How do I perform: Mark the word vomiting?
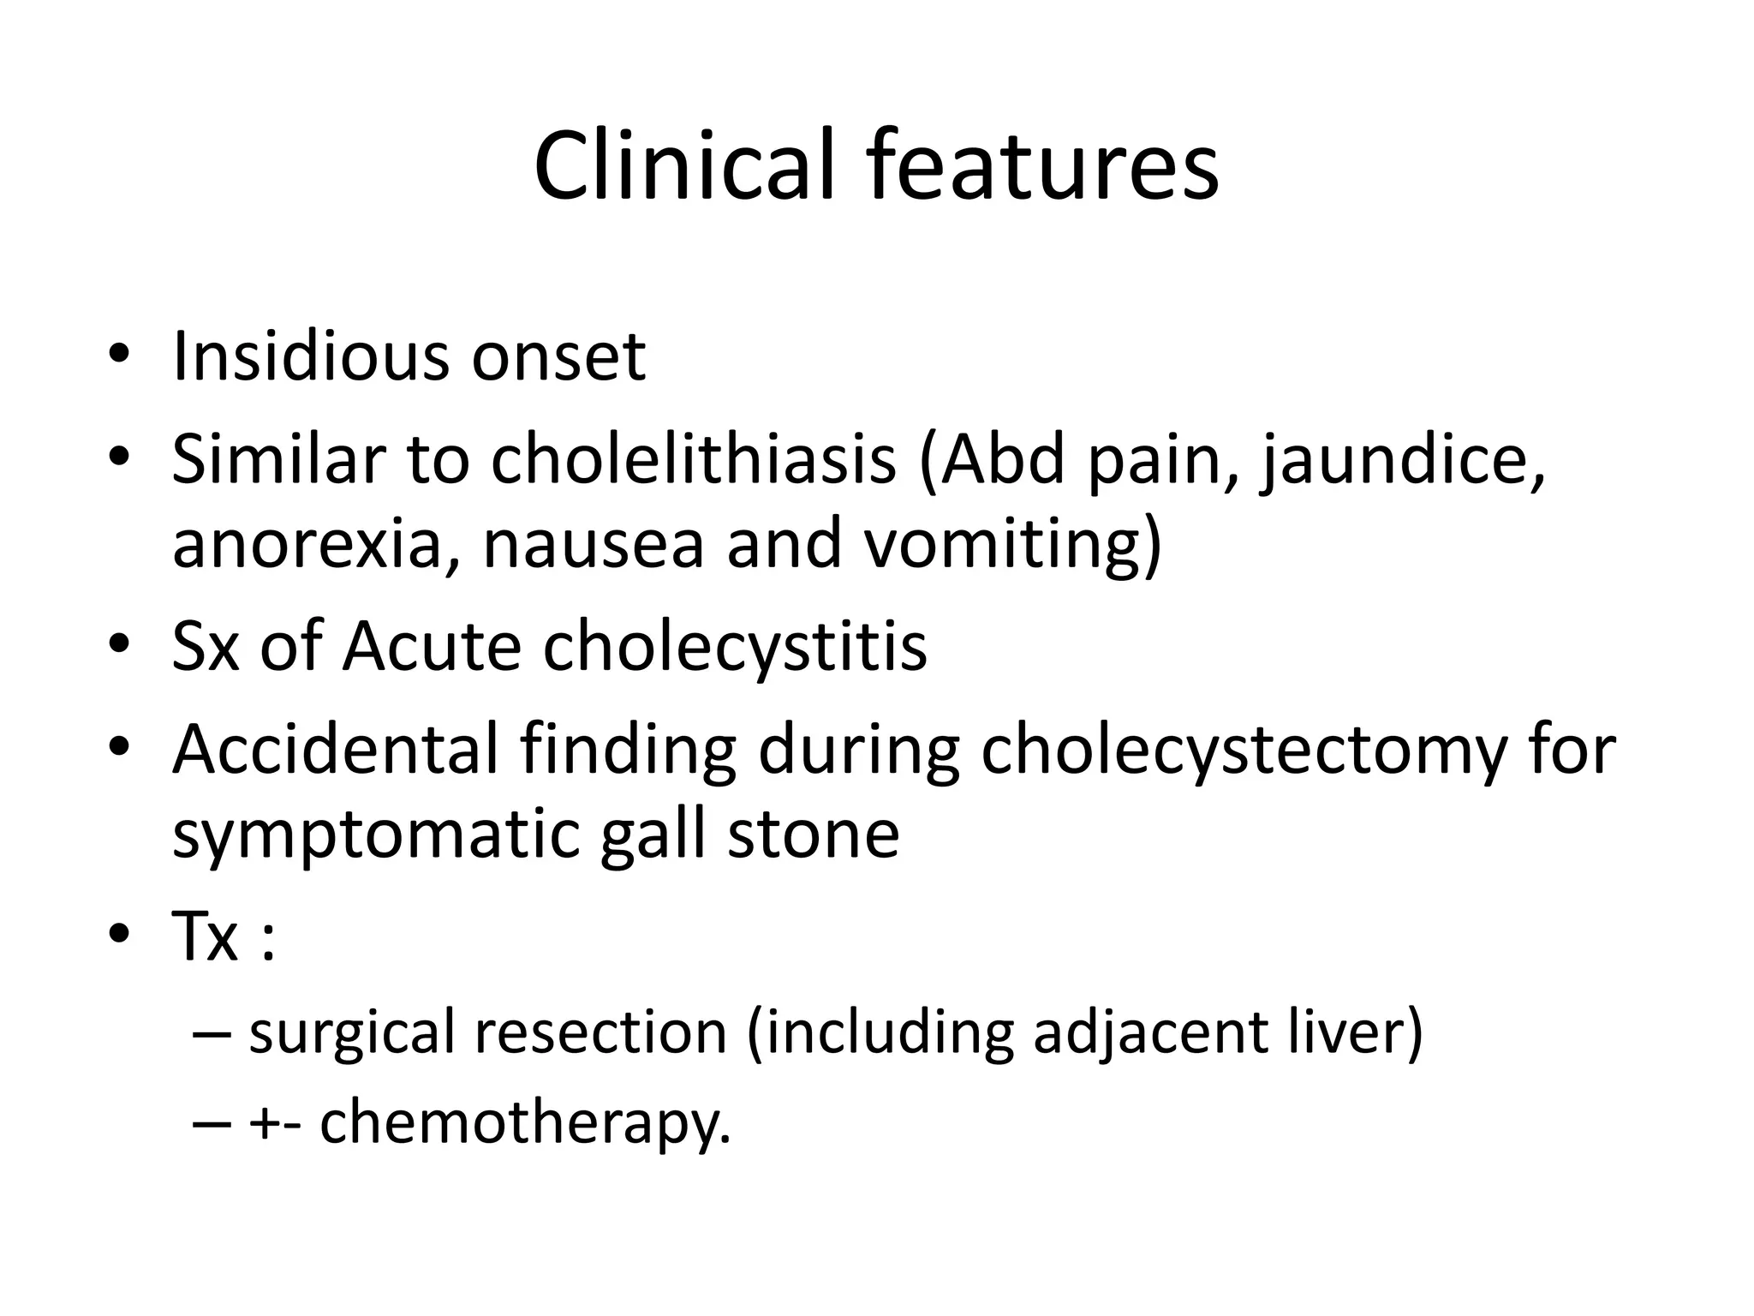pos(1011,546)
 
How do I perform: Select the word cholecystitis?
pos(734,648)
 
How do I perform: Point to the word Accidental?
pos(335,749)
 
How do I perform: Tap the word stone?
pos(813,834)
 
